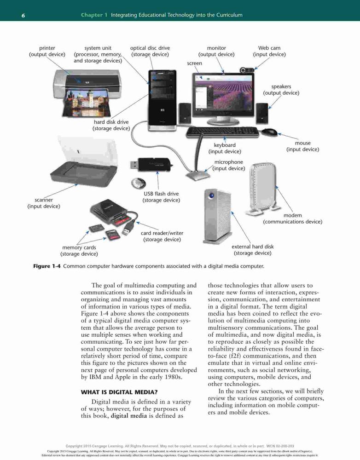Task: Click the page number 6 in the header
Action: coord(23,15)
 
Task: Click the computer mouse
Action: coord(269,132)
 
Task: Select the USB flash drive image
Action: coord(151,164)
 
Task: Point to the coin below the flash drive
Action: coord(139,184)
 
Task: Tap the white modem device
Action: coord(262,189)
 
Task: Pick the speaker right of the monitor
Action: coord(262,113)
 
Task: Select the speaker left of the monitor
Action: coord(185,113)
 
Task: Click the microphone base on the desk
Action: coord(198,176)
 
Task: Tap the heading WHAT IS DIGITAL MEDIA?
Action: coord(119,392)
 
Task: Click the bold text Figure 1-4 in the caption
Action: coord(46,266)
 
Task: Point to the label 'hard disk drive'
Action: coord(111,122)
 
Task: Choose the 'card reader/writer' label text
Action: coord(162,233)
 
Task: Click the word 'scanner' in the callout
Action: coord(44,200)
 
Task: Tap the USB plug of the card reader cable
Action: coord(127,230)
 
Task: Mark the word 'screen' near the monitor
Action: coord(194,63)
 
